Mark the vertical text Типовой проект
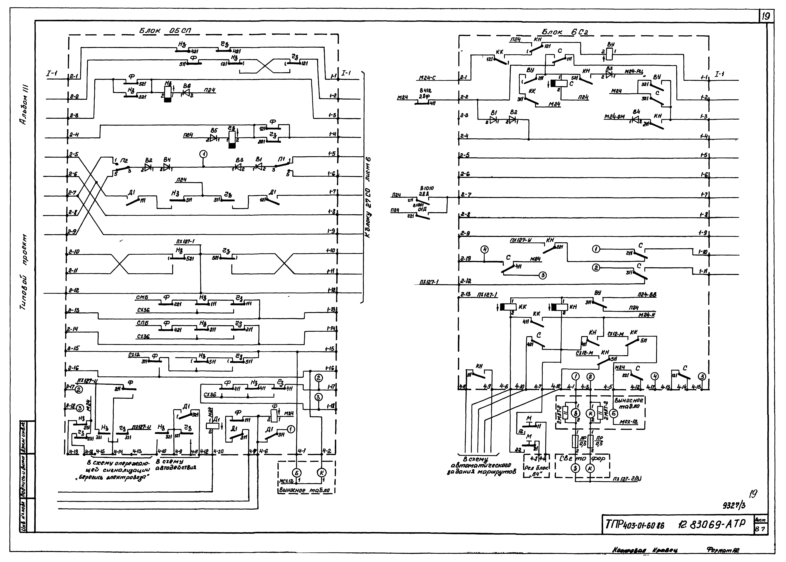(24, 273)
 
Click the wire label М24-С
(427, 78)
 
